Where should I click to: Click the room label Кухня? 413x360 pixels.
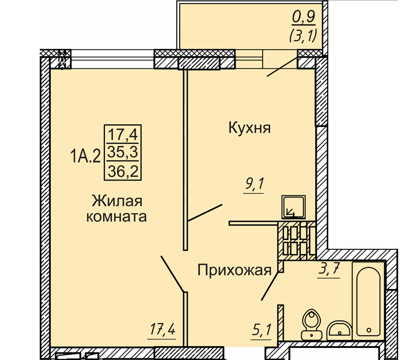pos(249,128)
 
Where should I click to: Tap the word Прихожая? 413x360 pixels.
pos(234,270)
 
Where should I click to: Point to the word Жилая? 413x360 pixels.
pos(117,201)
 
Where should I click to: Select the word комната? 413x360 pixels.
pos(116,217)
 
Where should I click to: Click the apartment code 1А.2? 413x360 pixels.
pos(86,156)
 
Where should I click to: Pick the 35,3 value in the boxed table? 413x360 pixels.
pos(123,152)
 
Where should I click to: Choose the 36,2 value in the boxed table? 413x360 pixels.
pos(123,171)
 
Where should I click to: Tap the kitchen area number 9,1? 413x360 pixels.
pos(254,184)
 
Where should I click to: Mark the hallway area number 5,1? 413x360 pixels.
pos(261,330)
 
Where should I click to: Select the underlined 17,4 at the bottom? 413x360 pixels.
pos(163,329)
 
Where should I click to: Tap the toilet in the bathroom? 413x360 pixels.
pos(311,325)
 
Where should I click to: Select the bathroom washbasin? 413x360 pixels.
pos(339,330)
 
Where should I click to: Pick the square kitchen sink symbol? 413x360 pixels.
pos(293,207)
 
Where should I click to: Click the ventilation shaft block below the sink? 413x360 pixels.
pos(297,241)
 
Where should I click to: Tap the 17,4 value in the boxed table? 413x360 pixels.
pos(123,134)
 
